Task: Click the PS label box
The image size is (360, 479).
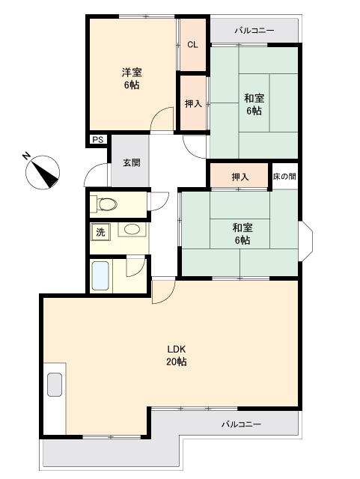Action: tap(98, 140)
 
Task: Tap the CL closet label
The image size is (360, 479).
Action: tap(192, 45)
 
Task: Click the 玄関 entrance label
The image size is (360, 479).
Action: tap(132, 162)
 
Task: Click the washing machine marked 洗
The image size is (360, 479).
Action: tap(100, 233)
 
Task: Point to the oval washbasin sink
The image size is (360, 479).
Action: tap(132, 229)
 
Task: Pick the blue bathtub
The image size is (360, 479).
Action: tap(100, 276)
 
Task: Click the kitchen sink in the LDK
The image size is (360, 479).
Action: tap(55, 385)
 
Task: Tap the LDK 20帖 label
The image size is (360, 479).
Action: tap(177, 356)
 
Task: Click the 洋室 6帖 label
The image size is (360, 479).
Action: tap(132, 79)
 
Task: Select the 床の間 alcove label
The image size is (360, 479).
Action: tap(284, 177)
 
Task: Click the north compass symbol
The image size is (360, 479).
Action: tap(43, 172)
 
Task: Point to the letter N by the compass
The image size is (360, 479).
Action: tap(26, 156)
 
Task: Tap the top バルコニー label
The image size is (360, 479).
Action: tap(254, 31)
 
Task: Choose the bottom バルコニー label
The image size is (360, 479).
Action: tap(241, 424)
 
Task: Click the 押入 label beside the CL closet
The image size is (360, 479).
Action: tap(193, 104)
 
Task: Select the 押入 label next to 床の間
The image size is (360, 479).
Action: tap(240, 177)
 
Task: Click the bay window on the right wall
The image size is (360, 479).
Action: tap(305, 241)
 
